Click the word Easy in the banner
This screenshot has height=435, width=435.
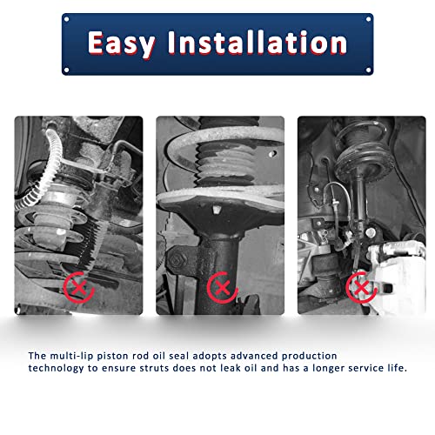[121, 43]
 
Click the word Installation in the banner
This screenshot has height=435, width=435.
[258, 43]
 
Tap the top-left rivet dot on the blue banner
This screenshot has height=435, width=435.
[66, 19]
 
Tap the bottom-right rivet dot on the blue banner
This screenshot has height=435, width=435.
[369, 70]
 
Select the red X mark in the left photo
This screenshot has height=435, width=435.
[78, 288]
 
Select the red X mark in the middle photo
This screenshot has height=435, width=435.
[222, 288]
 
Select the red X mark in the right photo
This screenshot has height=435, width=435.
[361, 287]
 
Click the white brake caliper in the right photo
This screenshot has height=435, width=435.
[397, 276]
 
